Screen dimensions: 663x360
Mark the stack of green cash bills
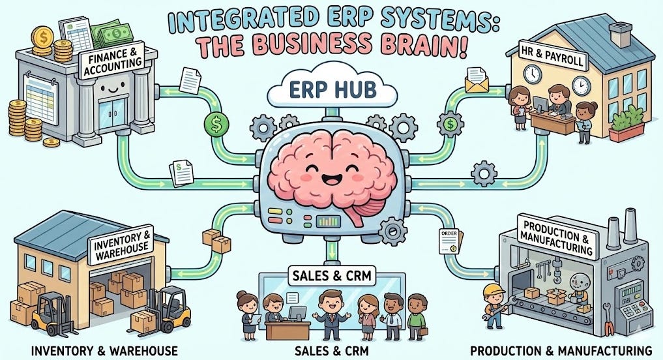[108, 31]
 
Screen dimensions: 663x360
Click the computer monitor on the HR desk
[540, 103]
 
